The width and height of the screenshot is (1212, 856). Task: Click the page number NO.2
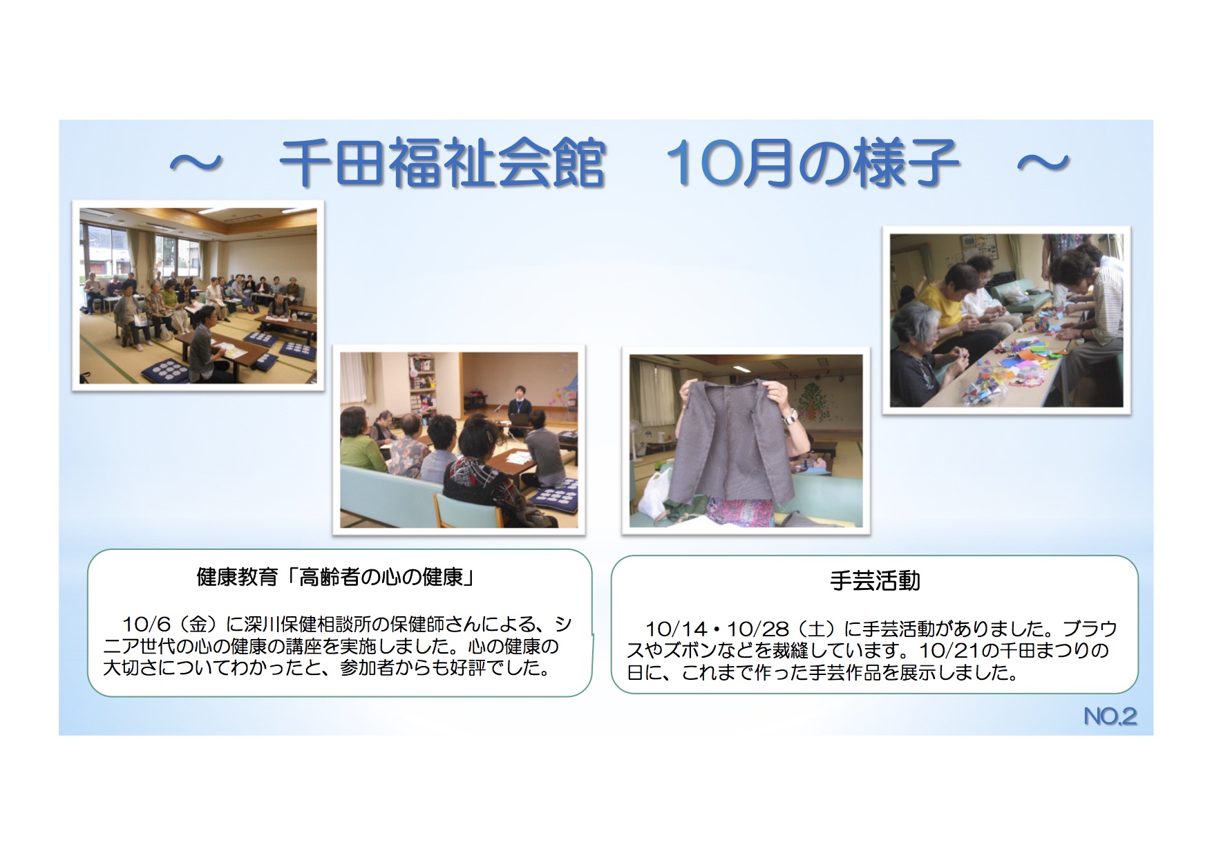(x=1110, y=716)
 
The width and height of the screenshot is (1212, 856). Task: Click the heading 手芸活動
(x=875, y=581)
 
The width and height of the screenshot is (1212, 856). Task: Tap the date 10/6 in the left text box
(x=146, y=625)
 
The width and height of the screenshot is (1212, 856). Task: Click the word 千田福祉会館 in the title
(x=442, y=163)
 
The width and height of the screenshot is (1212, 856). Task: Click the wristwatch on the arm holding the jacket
(x=789, y=416)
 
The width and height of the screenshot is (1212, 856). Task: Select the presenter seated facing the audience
(x=519, y=408)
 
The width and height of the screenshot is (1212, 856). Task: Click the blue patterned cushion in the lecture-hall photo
(x=164, y=370)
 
